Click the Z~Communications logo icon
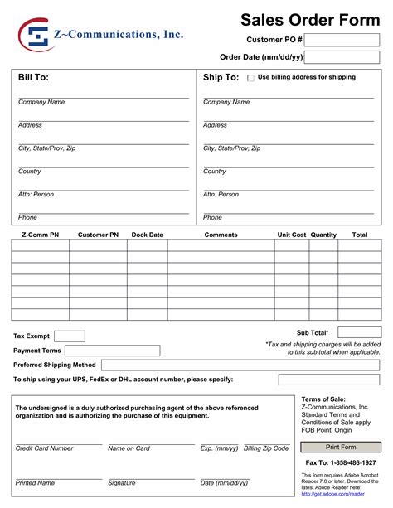point(35,35)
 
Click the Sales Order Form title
point(309,19)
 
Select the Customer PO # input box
point(342,40)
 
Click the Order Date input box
point(342,57)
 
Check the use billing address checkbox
point(251,78)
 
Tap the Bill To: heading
point(34,77)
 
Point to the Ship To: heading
point(221,77)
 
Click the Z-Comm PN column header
point(40,235)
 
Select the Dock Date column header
point(148,235)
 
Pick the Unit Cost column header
point(291,235)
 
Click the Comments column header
point(221,235)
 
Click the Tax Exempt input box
point(70,336)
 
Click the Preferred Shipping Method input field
point(240,365)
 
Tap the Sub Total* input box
point(359,332)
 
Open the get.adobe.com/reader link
point(332,494)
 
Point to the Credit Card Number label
point(45,448)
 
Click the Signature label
point(121,482)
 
